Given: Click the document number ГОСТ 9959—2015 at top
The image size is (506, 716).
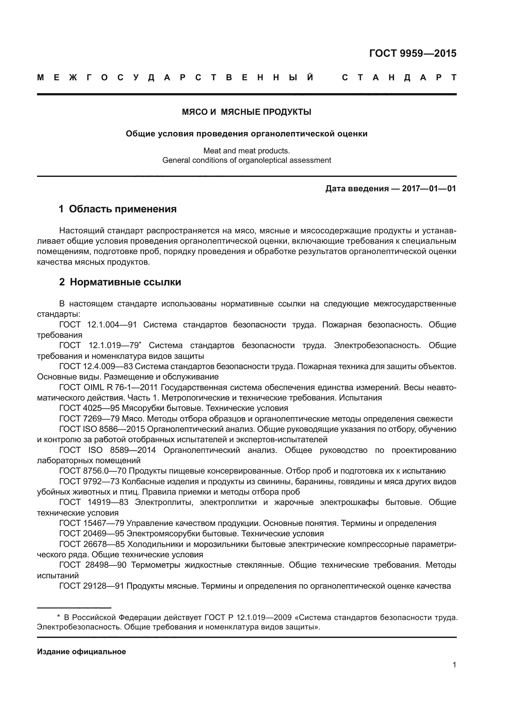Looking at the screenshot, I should (413, 54).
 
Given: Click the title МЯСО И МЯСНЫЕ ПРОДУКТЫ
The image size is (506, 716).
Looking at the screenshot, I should (246, 112).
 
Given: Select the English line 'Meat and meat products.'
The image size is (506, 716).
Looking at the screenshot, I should (246, 151).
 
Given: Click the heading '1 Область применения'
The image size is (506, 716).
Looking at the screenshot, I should (118, 209).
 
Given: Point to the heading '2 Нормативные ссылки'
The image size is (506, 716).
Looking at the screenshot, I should (120, 282).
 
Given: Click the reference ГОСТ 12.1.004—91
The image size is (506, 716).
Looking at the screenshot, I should (98, 325).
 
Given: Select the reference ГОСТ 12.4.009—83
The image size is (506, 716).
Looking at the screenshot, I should (96, 366).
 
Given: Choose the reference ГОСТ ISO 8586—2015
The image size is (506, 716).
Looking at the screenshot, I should (102, 429).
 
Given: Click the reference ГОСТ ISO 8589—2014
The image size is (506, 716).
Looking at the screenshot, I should (107, 450).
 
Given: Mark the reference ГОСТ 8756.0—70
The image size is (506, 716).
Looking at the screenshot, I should (93, 471).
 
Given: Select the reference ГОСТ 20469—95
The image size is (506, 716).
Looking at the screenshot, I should (92, 533).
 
